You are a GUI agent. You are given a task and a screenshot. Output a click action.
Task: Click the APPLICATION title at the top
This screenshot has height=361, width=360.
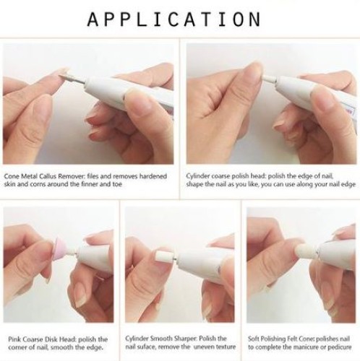174,19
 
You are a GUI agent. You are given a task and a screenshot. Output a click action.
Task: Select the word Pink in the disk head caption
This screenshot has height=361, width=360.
14,339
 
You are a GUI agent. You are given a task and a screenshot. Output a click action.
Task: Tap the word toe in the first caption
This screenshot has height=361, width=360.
117,184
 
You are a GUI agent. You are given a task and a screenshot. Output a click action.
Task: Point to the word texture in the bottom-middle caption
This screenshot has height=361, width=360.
226,347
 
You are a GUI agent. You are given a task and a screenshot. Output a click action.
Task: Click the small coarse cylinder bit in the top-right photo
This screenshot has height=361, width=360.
270,79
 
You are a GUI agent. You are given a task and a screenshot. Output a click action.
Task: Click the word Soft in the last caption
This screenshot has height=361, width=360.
253,339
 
